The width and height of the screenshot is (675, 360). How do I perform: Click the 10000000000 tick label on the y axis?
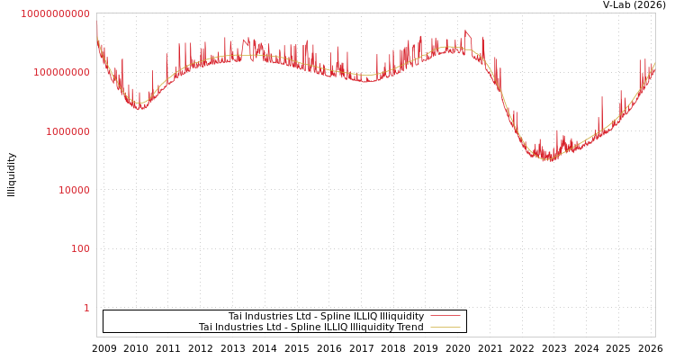pyautogui.click(x=55, y=13)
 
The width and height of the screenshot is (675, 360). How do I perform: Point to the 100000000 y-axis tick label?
pyautogui.click(x=61, y=72)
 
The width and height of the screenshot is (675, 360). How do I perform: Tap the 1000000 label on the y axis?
pyautogui.click(x=67, y=131)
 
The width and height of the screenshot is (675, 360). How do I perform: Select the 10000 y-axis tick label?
pyautogui.click(x=74, y=190)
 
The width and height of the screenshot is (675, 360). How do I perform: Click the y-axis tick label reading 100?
pyautogui.click(x=80, y=248)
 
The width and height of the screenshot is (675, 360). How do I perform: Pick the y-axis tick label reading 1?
pyautogui.click(x=86, y=308)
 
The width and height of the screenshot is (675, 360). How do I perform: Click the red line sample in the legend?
pyautogui.click(x=445, y=316)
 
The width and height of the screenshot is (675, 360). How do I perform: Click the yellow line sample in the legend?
pyautogui.click(x=445, y=327)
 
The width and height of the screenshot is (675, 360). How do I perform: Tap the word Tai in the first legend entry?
pyautogui.click(x=235, y=316)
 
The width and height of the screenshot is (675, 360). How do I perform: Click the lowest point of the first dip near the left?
pyautogui.click(x=139, y=107)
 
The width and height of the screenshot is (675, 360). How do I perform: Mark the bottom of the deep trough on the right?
pyautogui.click(x=549, y=159)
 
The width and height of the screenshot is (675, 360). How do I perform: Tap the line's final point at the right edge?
pyautogui.click(x=654, y=63)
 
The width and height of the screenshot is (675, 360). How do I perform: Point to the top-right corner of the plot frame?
pyautogui.click(x=655, y=13)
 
